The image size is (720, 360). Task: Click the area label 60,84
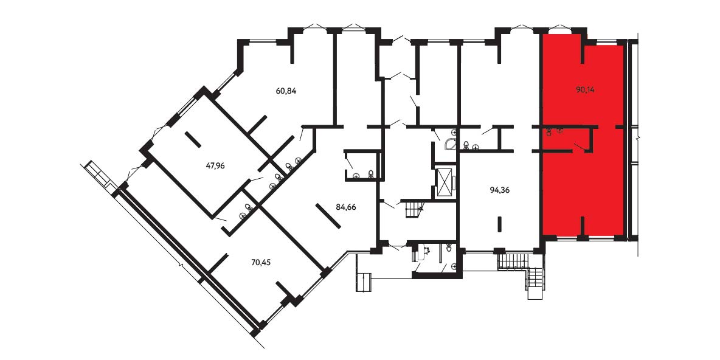[286, 91]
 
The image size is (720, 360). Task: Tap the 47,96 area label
[215, 165]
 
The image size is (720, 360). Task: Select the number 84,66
[346, 207]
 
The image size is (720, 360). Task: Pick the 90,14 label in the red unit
[585, 90]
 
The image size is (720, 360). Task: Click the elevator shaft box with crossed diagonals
[445, 182]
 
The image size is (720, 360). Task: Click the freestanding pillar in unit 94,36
[500, 224]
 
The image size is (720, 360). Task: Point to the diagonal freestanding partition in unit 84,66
[328, 215]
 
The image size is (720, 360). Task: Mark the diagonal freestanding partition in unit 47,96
[193, 140]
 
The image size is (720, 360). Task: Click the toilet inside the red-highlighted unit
[549, 133]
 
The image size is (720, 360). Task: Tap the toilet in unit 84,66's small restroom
[370, 174]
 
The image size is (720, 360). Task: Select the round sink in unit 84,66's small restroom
[356, 175]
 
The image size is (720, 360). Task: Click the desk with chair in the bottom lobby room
[421, 252]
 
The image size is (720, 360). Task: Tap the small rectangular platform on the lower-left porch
[363, 282]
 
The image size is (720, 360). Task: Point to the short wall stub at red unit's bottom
[582, 227]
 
